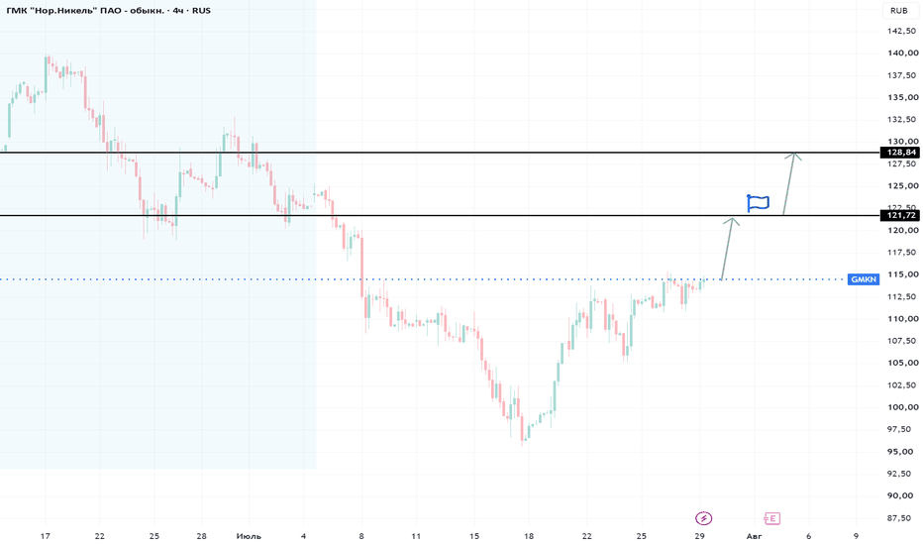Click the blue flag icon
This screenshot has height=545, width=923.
(758, 203)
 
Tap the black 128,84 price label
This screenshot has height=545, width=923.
(900, 153)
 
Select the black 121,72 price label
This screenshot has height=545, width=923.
(900, 215)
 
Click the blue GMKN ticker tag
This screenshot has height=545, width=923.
(864, 279)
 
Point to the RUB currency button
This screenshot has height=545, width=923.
(899, 11)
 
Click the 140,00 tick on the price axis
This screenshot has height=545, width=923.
(903, 54)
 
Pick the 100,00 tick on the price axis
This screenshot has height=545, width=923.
(903, 407)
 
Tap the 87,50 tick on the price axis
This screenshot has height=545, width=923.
(901, 518)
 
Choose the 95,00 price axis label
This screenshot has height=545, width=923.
(901, 451)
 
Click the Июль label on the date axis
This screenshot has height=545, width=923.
(249, 536)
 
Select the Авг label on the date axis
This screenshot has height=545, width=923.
(754, 536)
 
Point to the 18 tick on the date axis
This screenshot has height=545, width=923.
(529, 536)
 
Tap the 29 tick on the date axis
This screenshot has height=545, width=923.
(699, 536)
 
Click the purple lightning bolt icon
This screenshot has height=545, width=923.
(703, 518)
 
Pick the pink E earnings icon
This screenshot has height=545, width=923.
(771, 518)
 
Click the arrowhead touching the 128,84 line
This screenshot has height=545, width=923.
(794, 155)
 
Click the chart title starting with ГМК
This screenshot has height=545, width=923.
(108, 11)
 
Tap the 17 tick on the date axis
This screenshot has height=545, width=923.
(46, 536)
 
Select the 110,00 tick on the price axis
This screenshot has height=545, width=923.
(903, 319)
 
